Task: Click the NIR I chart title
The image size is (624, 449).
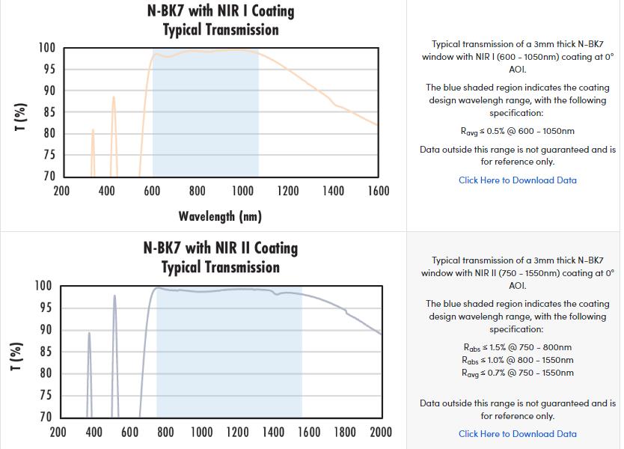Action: coord(221,20)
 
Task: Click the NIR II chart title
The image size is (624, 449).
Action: coord(221,257)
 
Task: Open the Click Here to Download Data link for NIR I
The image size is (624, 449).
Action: coord(517,180)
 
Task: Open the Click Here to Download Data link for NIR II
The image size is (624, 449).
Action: coord(517,434)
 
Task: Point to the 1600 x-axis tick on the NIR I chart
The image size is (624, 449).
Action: coord(379,192)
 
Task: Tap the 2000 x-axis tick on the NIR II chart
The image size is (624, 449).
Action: coord(381,432)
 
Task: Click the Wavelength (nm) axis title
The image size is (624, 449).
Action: coord(220,217)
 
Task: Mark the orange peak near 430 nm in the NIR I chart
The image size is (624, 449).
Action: coord(114,98)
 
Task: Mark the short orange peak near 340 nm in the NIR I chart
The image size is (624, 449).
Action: coord(93,132)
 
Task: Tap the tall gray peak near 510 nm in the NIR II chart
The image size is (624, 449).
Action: coord(114,297)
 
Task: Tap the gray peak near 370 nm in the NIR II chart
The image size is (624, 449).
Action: coord(89,335)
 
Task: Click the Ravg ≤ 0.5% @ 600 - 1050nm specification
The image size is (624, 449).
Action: coord(517,132)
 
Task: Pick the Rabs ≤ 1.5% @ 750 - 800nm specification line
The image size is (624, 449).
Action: coord(517,347)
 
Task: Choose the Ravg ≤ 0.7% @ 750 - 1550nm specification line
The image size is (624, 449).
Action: coord(517,373)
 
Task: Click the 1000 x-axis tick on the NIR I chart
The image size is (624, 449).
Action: coord(242,192)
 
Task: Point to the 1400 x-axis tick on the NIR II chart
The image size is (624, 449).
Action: coord(273,432)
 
